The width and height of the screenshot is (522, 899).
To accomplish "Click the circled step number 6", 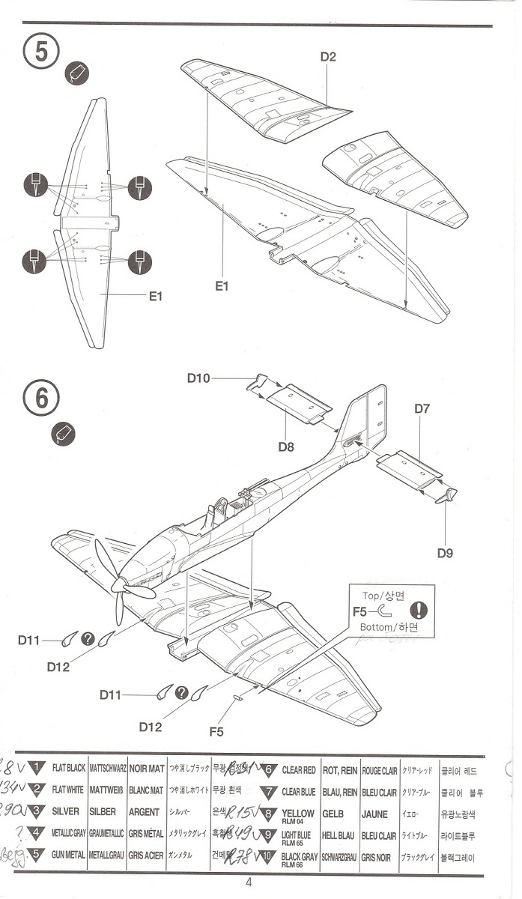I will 41,398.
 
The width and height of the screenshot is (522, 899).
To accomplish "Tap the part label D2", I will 328,57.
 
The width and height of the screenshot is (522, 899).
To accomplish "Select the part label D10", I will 198,378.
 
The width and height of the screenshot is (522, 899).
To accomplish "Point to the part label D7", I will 422,409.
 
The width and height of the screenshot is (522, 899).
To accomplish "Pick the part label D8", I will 285,447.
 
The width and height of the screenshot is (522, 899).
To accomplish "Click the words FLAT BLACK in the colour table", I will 69,769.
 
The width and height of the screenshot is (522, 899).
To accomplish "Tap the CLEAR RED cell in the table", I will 298,770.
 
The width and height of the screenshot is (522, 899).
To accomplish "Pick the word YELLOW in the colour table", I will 297,813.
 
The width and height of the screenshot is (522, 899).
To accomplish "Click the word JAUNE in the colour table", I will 374,814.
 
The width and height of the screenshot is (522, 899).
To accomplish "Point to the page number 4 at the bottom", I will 248,882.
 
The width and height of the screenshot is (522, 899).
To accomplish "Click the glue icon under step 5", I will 77,73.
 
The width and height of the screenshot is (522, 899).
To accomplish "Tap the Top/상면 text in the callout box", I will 382,596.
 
